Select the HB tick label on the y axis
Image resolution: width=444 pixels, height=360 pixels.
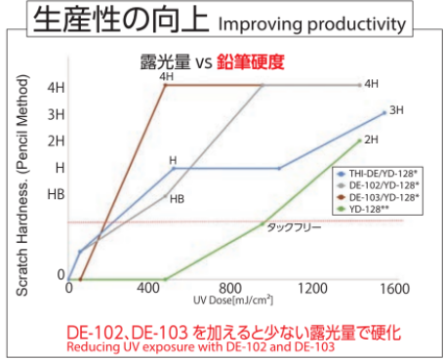[56, 194]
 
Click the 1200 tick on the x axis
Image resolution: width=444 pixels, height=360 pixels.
[311, 290]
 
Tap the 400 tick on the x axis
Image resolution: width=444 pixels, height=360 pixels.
[149, 290]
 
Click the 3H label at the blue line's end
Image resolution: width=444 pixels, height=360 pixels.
[396, 110]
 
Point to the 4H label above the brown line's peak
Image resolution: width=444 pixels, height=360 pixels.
[167, 76]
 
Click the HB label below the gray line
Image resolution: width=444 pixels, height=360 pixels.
[178, 199]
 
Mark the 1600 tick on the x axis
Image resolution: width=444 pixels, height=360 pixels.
[393, 290]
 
